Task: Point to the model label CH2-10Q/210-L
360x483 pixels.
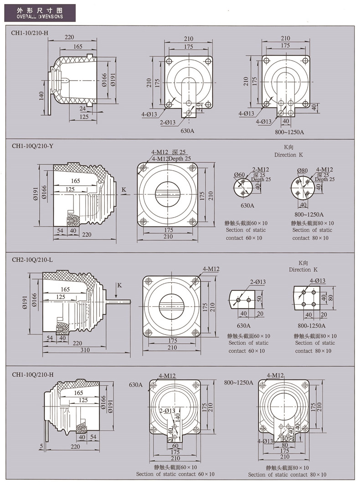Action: tap(33, 259)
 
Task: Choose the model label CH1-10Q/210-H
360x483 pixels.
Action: tap(33, 374)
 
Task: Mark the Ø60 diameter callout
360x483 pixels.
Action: tap(239, 175)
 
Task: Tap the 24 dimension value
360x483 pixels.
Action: tap(82, 108)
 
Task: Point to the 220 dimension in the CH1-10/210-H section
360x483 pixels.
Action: tap(69, 37)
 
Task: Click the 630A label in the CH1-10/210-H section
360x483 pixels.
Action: tap(188, 131)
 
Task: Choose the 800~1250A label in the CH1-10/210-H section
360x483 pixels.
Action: tap(289, 132)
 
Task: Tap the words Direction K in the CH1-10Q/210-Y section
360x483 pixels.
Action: tap(288, 155)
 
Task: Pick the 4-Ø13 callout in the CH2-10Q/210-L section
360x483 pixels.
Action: tap(317, 281)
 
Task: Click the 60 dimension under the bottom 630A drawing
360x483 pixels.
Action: tap(175, 446)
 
